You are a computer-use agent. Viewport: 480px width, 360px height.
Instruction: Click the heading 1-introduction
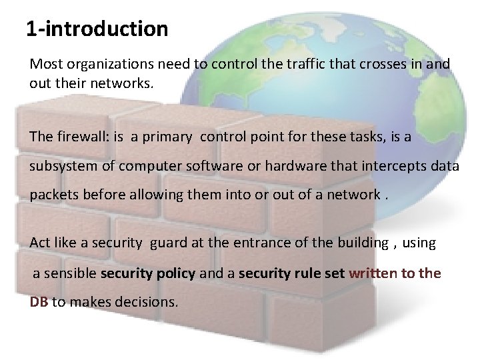97,29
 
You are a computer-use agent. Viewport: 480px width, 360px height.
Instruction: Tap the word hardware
295,166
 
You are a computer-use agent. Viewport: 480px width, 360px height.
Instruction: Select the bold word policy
176,273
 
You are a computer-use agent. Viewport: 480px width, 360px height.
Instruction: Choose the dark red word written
372,273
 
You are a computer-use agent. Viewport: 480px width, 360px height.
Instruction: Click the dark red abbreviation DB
39,302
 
